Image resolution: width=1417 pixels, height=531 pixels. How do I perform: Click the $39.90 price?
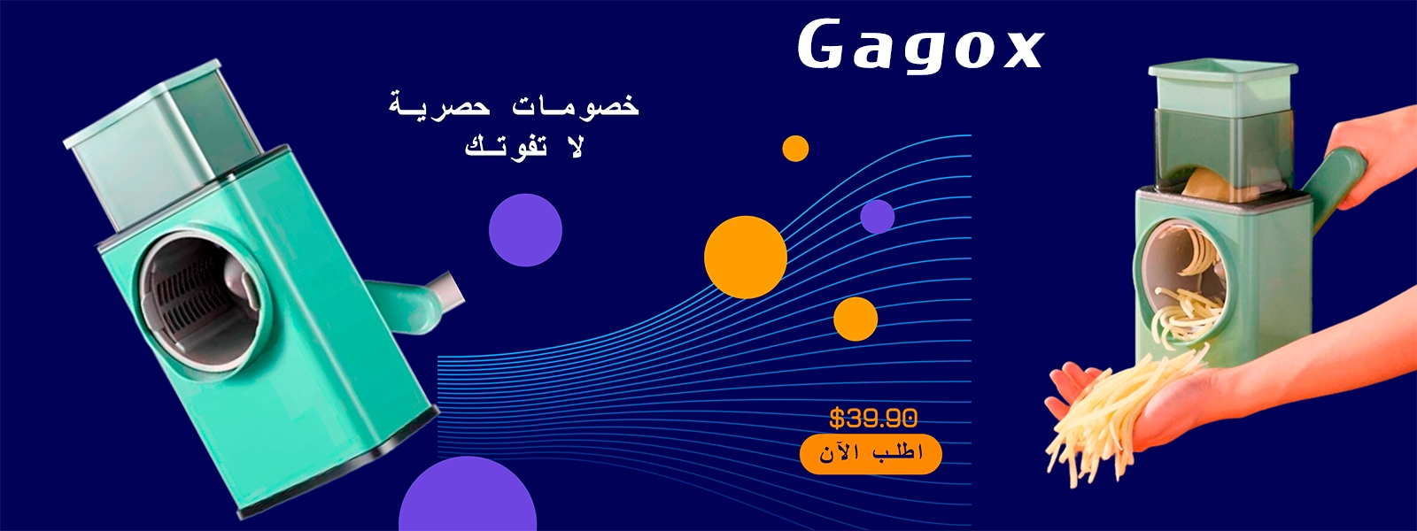(x=873, y=418)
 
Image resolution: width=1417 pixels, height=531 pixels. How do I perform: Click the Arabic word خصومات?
(x=576, y=105)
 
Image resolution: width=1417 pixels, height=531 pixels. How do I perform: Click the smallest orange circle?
(x=795, y=149)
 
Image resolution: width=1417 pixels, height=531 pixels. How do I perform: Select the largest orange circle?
(x=745, y=258)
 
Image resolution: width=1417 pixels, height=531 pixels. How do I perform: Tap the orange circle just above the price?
(x=856, y=319)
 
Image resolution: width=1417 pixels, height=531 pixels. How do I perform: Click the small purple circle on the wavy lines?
(x=878, y=217)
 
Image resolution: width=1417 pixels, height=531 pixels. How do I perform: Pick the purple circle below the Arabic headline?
(x=525, y=230)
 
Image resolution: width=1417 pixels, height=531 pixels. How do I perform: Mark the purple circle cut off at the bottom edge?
(x=468, y=496)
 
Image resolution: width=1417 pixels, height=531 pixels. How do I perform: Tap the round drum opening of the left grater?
(x=199, y=300)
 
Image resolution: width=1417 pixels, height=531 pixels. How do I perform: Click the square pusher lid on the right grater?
(x=1223, y=88)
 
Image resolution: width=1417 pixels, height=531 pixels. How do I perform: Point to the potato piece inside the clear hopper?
(x=1205, y=185)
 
